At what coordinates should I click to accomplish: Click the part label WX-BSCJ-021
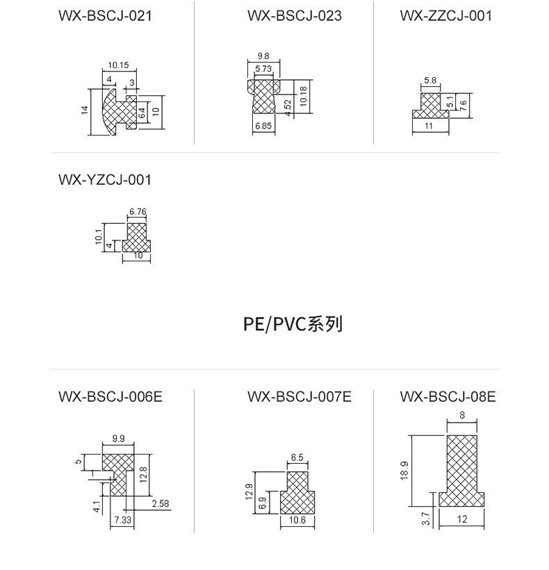tap(105, 15)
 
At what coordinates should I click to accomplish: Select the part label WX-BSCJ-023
tap(294, 15)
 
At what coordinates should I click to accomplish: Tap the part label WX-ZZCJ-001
tap(445, 15)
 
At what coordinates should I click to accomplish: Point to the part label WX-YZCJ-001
tap(105, 180)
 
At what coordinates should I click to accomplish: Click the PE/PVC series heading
tap(293, 324)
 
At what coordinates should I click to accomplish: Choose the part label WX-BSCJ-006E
tap(110, 397)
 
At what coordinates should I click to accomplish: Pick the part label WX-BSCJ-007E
tap(300, 397)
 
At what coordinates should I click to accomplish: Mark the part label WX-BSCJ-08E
tap(448, 397)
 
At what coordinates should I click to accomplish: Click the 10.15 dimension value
tap(118, 66)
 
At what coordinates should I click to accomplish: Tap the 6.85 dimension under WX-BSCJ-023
tap(263, 126)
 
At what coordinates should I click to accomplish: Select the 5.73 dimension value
tap(263, 69)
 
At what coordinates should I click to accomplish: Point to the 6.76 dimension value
tap(138, 211)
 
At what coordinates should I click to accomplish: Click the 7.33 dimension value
tap(122, 520)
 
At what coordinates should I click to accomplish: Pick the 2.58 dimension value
tap(160, 503)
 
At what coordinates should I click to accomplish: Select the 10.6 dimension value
tap(296, 521)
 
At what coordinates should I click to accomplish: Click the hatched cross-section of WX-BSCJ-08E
tap(461, 466)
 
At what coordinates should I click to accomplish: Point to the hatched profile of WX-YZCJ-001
tap(138, 236)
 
